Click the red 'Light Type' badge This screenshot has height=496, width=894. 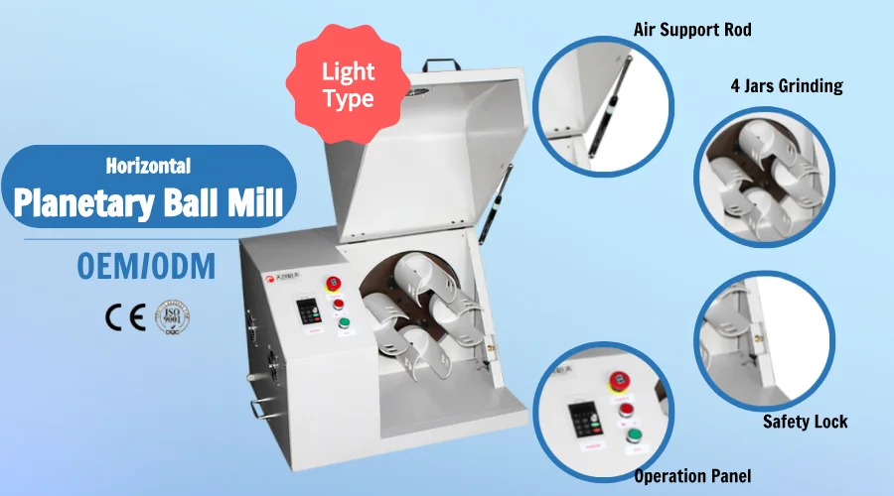(348, 85)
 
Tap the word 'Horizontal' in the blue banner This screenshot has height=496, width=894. (148, 167)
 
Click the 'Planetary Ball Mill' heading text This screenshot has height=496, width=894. (149, 202)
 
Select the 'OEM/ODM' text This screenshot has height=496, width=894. (145, 267)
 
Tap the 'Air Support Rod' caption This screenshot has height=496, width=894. (692, 30)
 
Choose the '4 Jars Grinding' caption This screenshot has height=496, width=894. (786, 86)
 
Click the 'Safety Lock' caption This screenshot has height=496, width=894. (805, 422)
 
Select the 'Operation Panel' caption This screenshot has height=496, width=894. (692, 476)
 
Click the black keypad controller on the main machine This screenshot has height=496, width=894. (310, 311)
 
